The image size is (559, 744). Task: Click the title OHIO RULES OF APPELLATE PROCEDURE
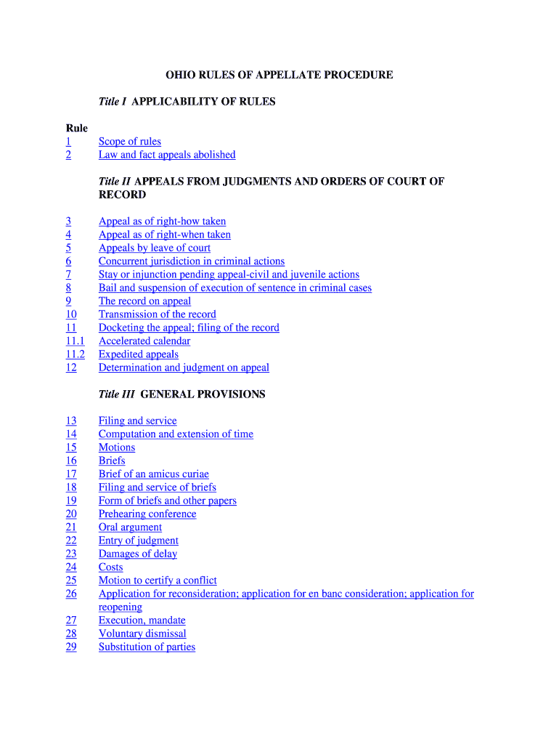click(x=279, y=75)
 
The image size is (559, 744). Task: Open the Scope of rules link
click(x=130, y=142)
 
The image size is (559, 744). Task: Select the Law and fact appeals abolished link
click(x=167, y=155)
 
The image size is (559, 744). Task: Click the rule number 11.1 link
click(x=75, y=341)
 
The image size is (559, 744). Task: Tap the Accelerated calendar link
click(x=144, y=341)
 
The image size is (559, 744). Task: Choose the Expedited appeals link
click(x=138, y=355)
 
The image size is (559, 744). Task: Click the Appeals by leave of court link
click(x=155, y=248)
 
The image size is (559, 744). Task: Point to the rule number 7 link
click(x=68, y=275)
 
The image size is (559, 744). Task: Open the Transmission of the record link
click(x=158, y=315)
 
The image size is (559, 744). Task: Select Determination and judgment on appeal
click(x=184, y=368)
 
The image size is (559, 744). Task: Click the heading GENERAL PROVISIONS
click(x=203, y=395)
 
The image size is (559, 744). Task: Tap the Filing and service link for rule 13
click(x=137, y=421)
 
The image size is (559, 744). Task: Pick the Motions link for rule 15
click(x=117, y=448)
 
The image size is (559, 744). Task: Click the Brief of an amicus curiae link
click(x=154, y=474)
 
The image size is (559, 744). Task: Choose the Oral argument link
click(x=130, y=527)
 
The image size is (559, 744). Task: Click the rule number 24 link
click(x=70, y=567)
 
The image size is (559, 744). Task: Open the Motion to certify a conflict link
click(x=158, y=581)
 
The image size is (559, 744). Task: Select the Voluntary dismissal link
click(x=142, y=634)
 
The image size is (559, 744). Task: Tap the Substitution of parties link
click(x=147, y=647)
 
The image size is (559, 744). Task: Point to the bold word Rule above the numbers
click(x=76, y=129)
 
